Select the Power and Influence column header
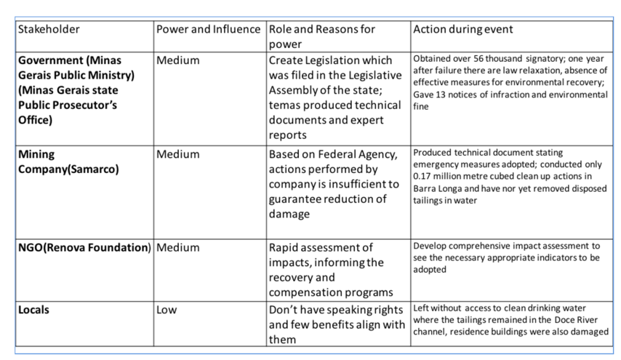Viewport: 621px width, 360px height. coord(208,31)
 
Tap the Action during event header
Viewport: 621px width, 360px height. coord(462,31)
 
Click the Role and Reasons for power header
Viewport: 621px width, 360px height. coord(321,36)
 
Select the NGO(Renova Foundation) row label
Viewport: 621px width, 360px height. coord(84,247)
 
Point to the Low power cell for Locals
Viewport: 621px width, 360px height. coord(166,309)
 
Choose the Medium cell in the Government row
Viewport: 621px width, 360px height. coord(177,60)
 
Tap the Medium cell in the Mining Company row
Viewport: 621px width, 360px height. coord(177,154)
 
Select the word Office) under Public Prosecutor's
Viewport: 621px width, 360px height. coord(35,119)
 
